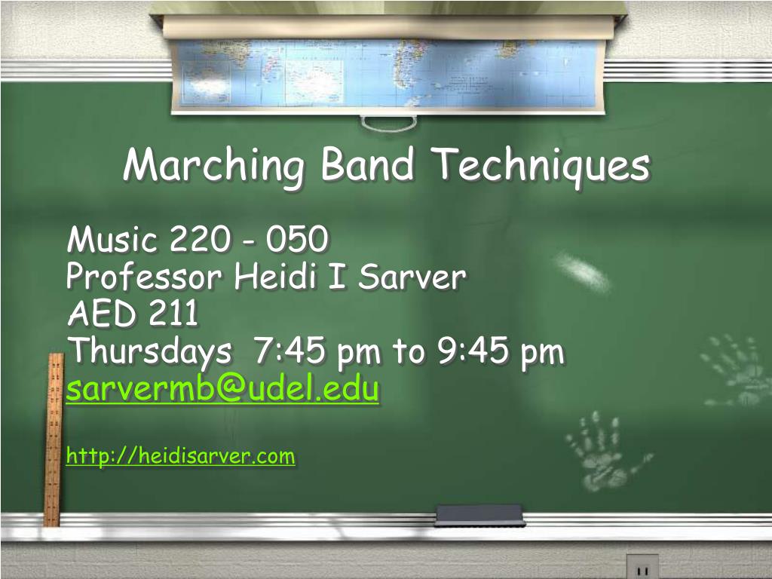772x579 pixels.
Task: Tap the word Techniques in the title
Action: coord(540,165)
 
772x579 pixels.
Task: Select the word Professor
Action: coord(144,277)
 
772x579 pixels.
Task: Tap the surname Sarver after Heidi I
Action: coord(412,277)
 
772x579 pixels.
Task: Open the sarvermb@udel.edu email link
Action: coord(222,390)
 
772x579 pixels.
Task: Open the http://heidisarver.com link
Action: coord(180,456)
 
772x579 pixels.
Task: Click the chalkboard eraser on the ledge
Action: coord(479,515)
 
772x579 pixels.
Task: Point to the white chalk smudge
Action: coord(582,271)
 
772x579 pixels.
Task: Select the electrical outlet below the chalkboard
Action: coord(642,566)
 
